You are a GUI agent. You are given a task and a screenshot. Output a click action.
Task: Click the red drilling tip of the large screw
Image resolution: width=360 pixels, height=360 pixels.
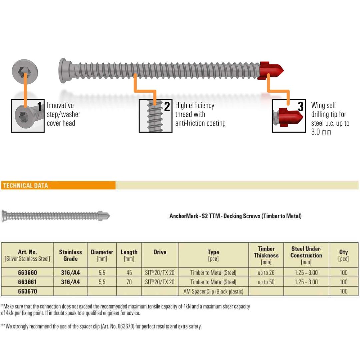click(270, 70)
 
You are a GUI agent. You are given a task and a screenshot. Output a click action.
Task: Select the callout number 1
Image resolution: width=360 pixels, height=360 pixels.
click(39, 107)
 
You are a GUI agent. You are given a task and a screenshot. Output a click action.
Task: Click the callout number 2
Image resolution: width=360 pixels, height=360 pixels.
click(167, 107)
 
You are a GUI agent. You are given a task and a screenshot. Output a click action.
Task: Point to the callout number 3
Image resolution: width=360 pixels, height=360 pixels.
click(301, 107)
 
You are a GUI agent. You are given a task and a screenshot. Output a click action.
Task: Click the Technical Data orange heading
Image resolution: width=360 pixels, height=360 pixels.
click(25, 186)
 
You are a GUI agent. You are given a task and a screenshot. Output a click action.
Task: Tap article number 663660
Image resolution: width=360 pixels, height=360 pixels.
click(28, 273)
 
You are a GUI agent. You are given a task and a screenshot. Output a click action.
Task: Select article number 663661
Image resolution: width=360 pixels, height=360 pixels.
click(28, 282)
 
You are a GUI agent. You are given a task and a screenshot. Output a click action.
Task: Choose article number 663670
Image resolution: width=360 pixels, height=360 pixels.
click(28, 291)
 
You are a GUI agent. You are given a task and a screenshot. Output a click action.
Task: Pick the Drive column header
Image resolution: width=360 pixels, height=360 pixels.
click(160, 252)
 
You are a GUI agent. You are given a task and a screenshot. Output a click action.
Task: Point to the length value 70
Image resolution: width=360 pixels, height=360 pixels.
click(129, 282)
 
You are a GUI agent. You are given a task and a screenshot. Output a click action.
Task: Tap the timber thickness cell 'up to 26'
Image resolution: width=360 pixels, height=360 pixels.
click(266, 273)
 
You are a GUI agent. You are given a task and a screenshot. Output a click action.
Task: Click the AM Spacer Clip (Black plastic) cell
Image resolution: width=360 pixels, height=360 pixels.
click(213, 291)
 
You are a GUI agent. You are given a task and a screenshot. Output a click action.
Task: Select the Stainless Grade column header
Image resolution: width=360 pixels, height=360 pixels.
click(70, 255)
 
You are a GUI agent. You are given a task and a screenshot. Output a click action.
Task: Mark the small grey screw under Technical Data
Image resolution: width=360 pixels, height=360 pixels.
click(56, 216)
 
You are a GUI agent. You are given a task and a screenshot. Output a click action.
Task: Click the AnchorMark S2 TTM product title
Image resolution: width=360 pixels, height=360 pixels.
click(236, 216)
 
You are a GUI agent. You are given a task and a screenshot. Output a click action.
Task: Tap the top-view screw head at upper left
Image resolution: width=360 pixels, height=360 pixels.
click(25, 71)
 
